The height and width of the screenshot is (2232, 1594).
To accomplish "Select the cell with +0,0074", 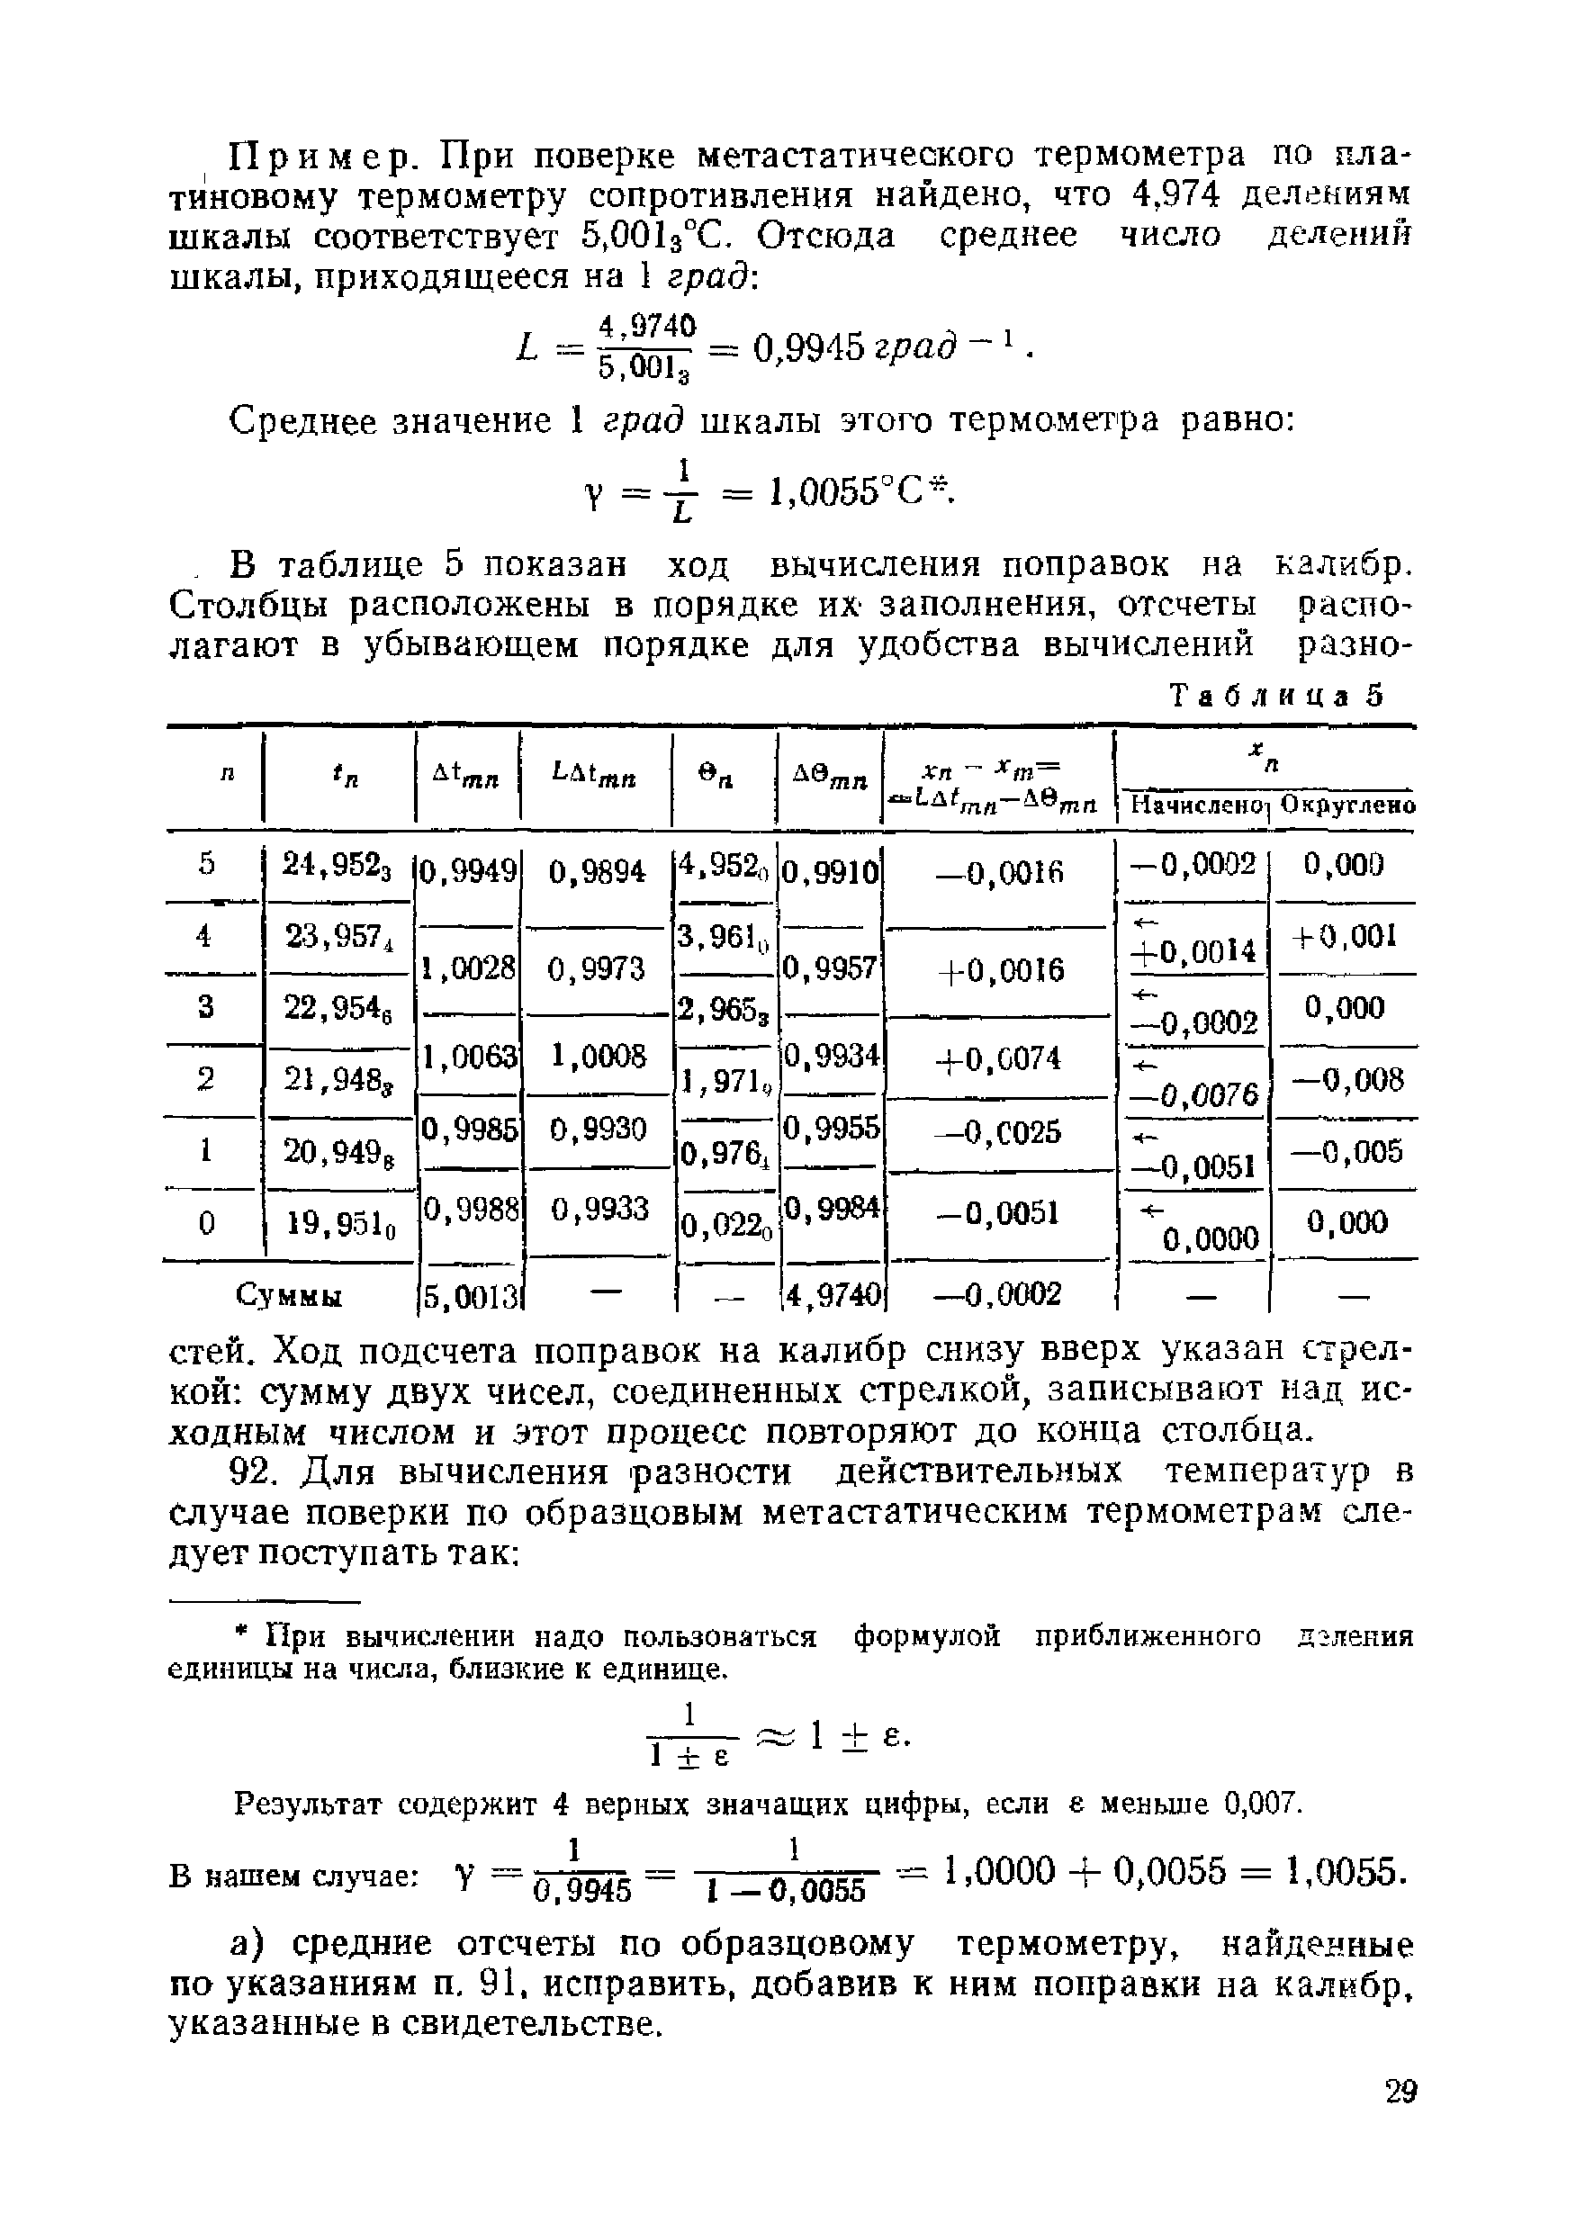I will [1000, 1058].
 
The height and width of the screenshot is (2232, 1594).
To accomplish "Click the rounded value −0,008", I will [1346, 1080].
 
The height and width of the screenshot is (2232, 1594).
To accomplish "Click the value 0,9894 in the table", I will [597, 871].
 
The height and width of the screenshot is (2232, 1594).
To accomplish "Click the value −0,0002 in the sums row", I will [1000, 1296].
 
